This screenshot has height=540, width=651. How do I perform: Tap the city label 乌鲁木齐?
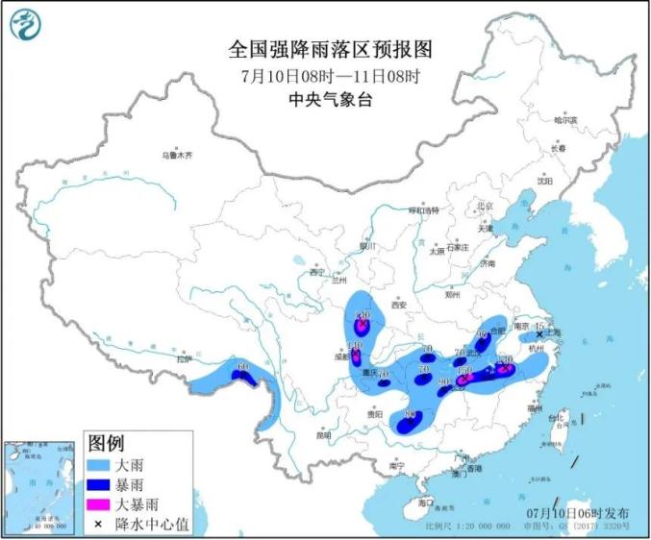point(177,155)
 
